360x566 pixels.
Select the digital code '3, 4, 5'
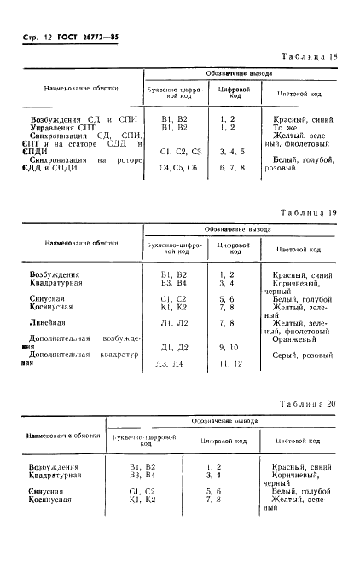coord(226,151)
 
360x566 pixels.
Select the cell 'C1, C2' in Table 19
coord(173,298)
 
